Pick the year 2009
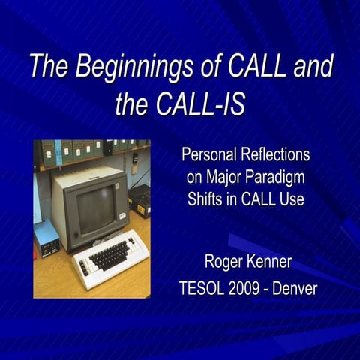click(x=248, y=288)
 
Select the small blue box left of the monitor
click(x=46, y=238)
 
